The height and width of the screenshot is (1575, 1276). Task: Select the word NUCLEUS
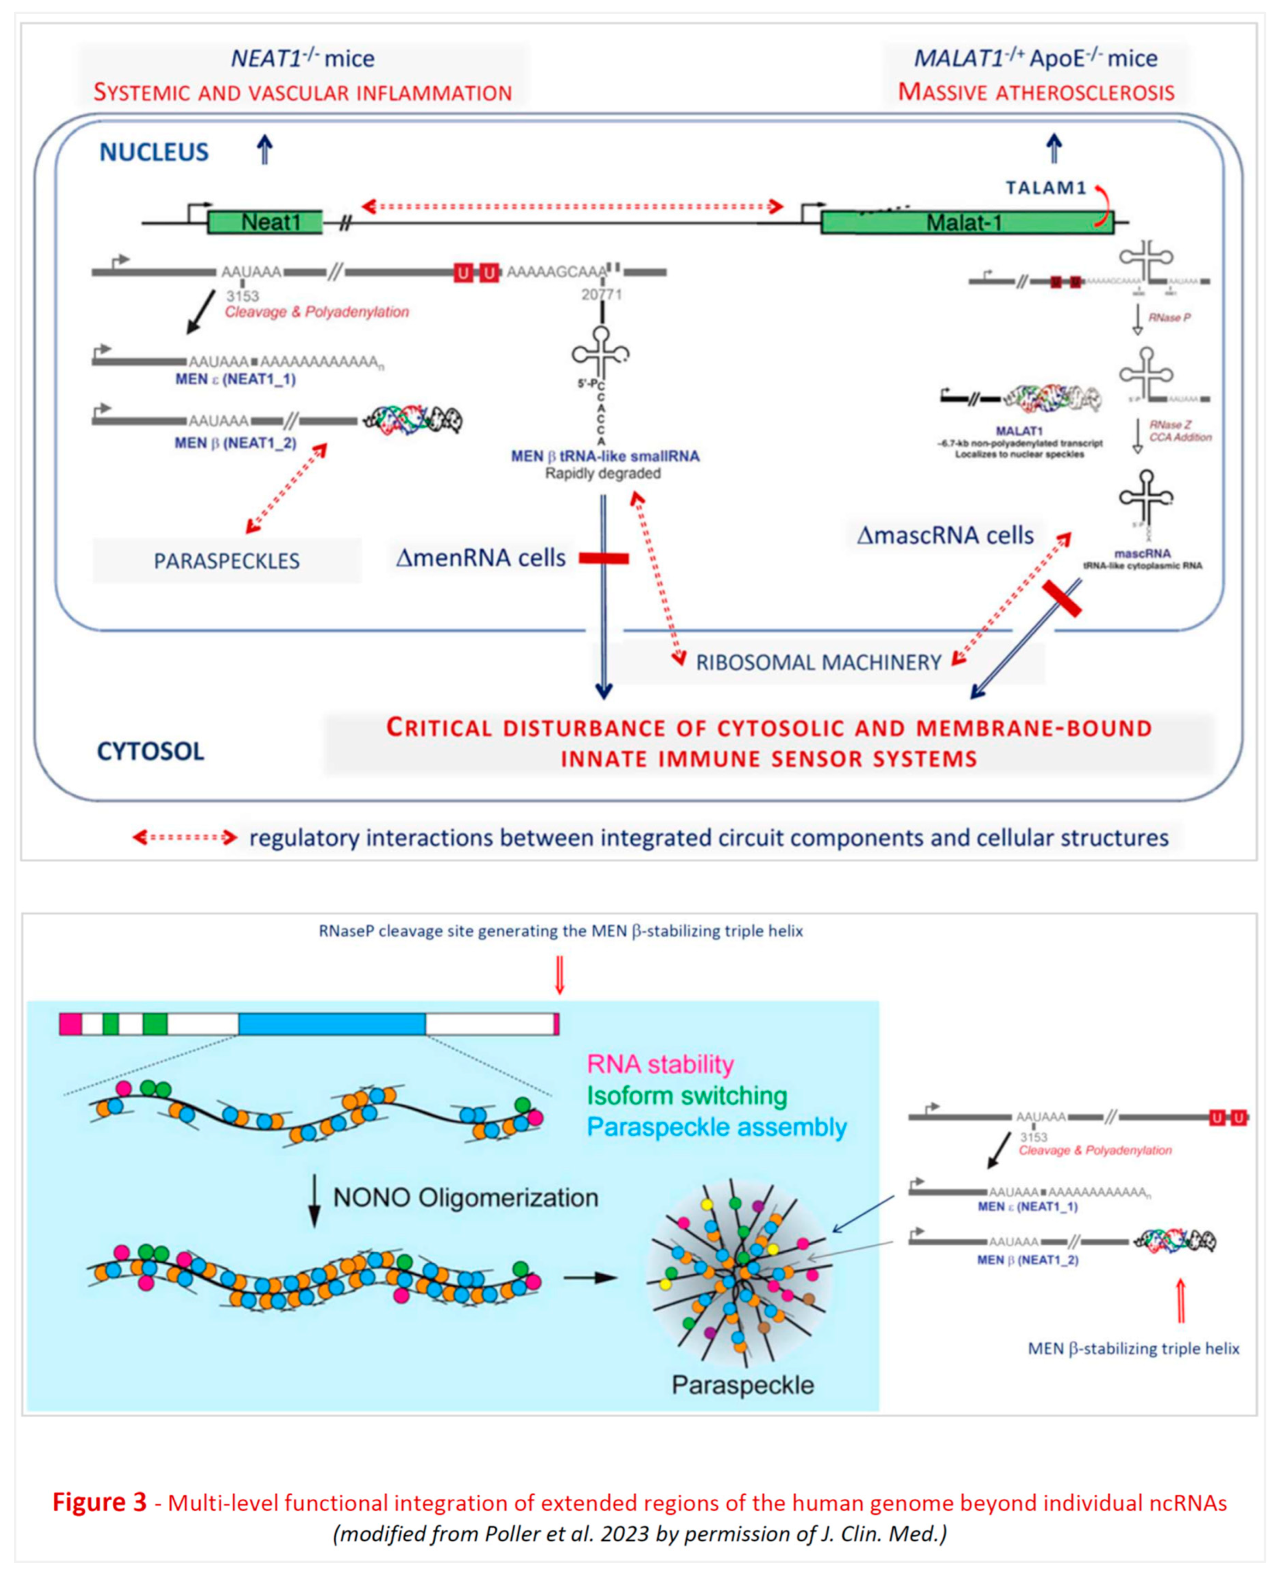point(154,152)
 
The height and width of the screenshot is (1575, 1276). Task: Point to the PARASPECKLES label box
point(227,561)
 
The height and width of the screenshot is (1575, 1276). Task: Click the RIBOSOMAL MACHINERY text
point(818,663)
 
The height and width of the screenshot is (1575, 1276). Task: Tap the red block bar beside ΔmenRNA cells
point(604,559)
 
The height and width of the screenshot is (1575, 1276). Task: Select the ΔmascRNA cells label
point(945,535)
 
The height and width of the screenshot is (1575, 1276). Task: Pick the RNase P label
point(1169,318)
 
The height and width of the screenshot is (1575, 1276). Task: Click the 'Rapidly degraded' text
point(603,474)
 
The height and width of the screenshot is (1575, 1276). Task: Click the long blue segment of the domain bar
point(332,1024)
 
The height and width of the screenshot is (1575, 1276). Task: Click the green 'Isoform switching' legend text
point(687,1096)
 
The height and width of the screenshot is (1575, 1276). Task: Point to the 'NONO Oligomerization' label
point(465,1197)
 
